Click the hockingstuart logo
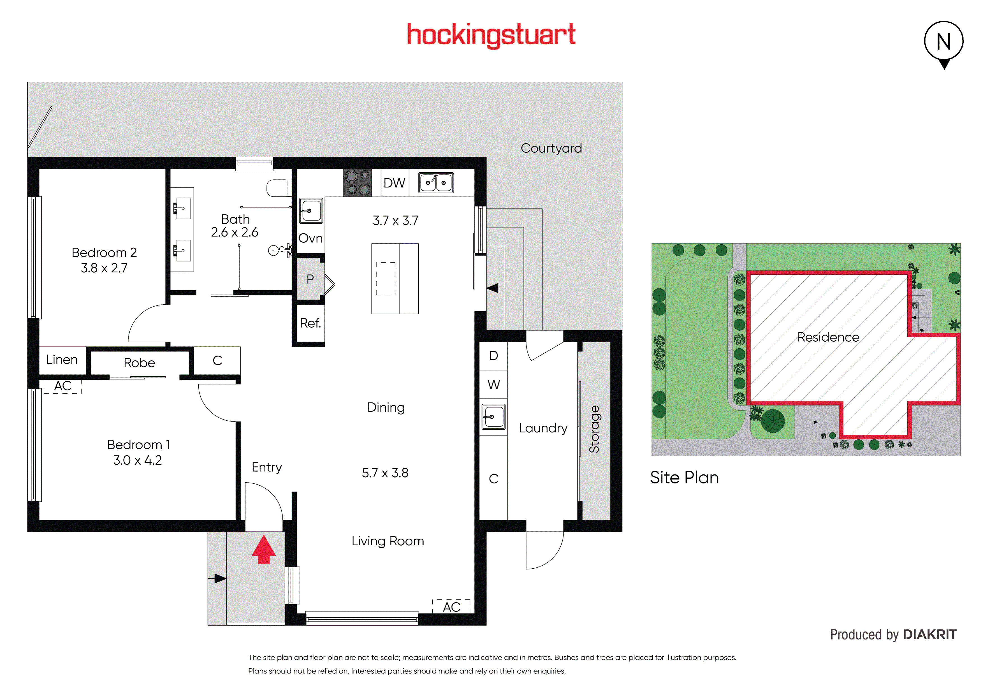pos(491,35)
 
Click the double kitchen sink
pos(436,183)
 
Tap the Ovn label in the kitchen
pos(310,238)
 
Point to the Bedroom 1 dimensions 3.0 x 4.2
pos(137,460)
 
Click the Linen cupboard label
pos(62,360)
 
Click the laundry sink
pos(493,416)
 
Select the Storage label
pos(594,429)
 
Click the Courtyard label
pos(551,148)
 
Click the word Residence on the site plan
pos(828,337)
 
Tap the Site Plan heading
pos(684,478)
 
